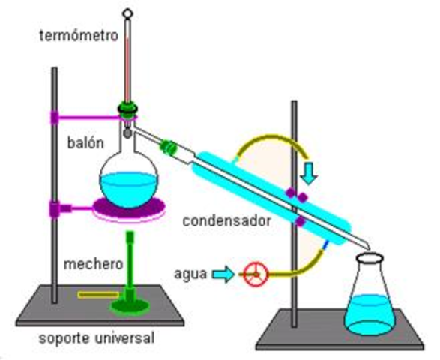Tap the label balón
(x=83, y=141)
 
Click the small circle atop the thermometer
(x=127, y=12)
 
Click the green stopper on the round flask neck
(x=127, y=111)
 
